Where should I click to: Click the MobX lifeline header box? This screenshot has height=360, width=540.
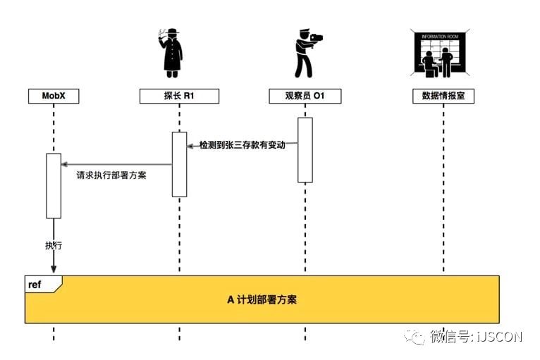point(54,97)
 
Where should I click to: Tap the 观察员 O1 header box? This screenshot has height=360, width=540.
point(305,97)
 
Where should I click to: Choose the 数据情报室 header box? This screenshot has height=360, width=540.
point(443,97)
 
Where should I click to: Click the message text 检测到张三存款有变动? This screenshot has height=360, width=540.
point(242,144)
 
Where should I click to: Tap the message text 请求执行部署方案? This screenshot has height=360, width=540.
point(111,175)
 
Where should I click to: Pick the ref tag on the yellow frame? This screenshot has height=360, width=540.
point(35,284)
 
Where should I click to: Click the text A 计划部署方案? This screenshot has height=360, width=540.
point(262,299)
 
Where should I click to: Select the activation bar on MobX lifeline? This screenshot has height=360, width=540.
point(54,185)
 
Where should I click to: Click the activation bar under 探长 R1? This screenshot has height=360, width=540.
point(180,164)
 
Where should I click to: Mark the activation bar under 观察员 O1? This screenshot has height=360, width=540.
point(305,149)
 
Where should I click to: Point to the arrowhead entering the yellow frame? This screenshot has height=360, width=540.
point(54,271)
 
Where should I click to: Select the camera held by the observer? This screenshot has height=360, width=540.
point(316,37)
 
